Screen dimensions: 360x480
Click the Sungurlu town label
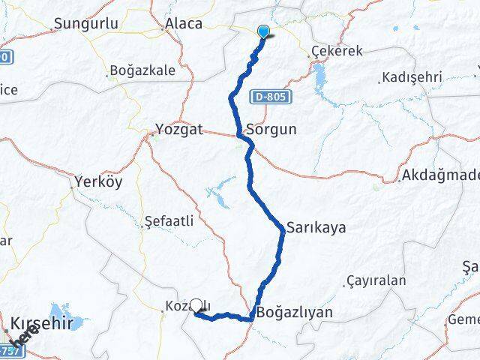click(85, 23)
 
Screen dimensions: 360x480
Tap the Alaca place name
click(184, 23)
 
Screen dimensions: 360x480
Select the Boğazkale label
click(142, 70)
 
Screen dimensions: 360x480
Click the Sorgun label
click(271, 129)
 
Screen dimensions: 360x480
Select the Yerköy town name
click(98, 181)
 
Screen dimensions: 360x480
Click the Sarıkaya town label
click(316, 227)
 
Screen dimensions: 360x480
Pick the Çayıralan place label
click(376, 281)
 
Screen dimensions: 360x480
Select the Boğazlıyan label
click(295, 312)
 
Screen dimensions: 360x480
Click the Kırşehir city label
click(43, 323)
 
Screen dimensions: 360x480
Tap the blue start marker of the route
click(264, 31)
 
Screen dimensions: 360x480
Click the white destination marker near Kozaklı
click(196, 305)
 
